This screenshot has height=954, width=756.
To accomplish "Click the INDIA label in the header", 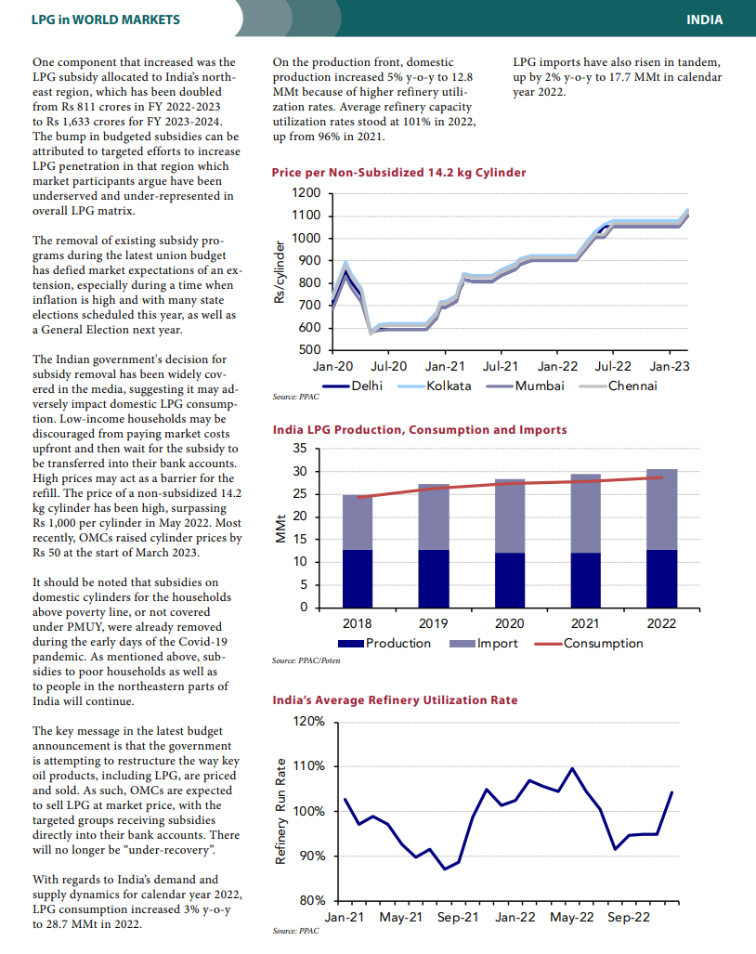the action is (x=704, y=20).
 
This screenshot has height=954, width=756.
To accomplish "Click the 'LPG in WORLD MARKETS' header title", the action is (x=106, y=20).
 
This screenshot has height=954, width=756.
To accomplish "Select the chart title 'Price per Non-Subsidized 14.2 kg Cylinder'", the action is (x=398, y=172).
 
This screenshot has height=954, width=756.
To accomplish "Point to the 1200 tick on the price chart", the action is (x=306, y=193).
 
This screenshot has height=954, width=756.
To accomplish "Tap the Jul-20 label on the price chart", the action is (x=388, y=366).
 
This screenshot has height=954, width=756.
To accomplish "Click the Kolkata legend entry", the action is (x=435, y=386).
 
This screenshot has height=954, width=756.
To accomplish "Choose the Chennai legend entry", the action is (x=618, y=386).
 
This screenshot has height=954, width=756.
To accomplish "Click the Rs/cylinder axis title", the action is (x=280, y=272).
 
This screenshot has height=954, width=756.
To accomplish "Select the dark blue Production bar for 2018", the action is (x=358, y=579).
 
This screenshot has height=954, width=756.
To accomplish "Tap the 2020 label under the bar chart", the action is (x=509, y=623).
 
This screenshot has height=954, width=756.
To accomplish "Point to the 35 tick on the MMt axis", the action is (x=301, y=449).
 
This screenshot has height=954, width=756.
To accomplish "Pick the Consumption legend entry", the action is (x=589, y=644).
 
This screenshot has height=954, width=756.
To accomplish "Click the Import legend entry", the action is (x=484, y=644).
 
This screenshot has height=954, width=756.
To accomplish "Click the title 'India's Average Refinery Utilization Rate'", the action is (x=395, y=700).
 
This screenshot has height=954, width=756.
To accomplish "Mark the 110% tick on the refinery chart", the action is (x=309, y=766).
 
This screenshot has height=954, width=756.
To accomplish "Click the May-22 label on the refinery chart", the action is (x=572, y=918).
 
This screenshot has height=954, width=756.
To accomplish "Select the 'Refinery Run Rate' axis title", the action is (x=280, y=811).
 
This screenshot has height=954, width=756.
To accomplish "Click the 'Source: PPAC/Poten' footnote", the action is (x=306, y=660).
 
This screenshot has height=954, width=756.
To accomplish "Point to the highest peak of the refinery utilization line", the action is (x=572, y=768).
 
